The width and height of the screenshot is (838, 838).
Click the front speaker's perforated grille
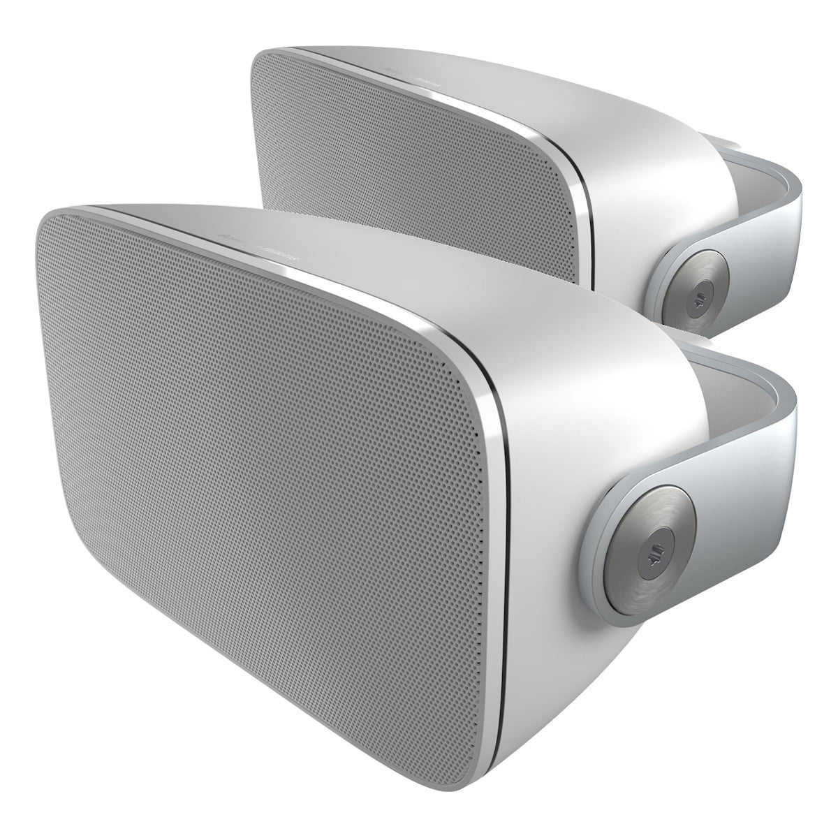click(265, 433)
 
